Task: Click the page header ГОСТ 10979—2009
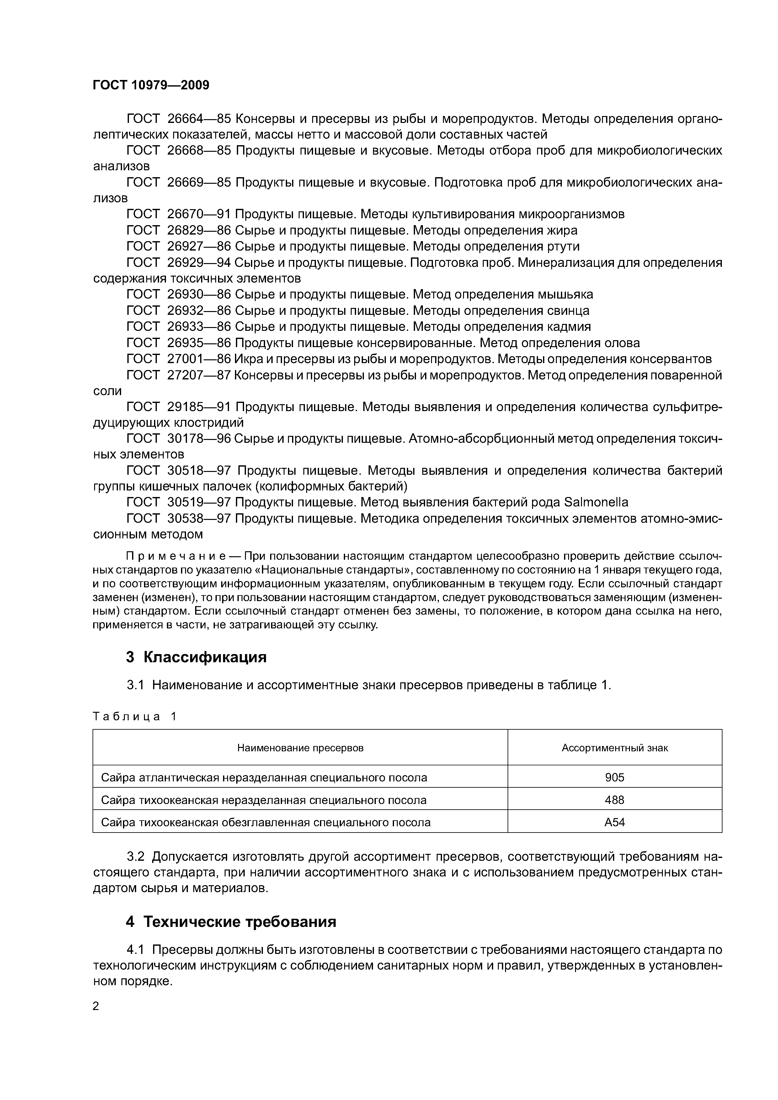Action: coord(151,85)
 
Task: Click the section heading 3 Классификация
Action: coord(196,657)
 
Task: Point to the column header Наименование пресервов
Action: coord(300,748)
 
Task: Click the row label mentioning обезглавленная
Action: coord(266,822)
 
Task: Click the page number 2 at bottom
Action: coord(96,1006)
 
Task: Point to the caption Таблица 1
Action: coord(135,716)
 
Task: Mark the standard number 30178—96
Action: coord(199,438)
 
